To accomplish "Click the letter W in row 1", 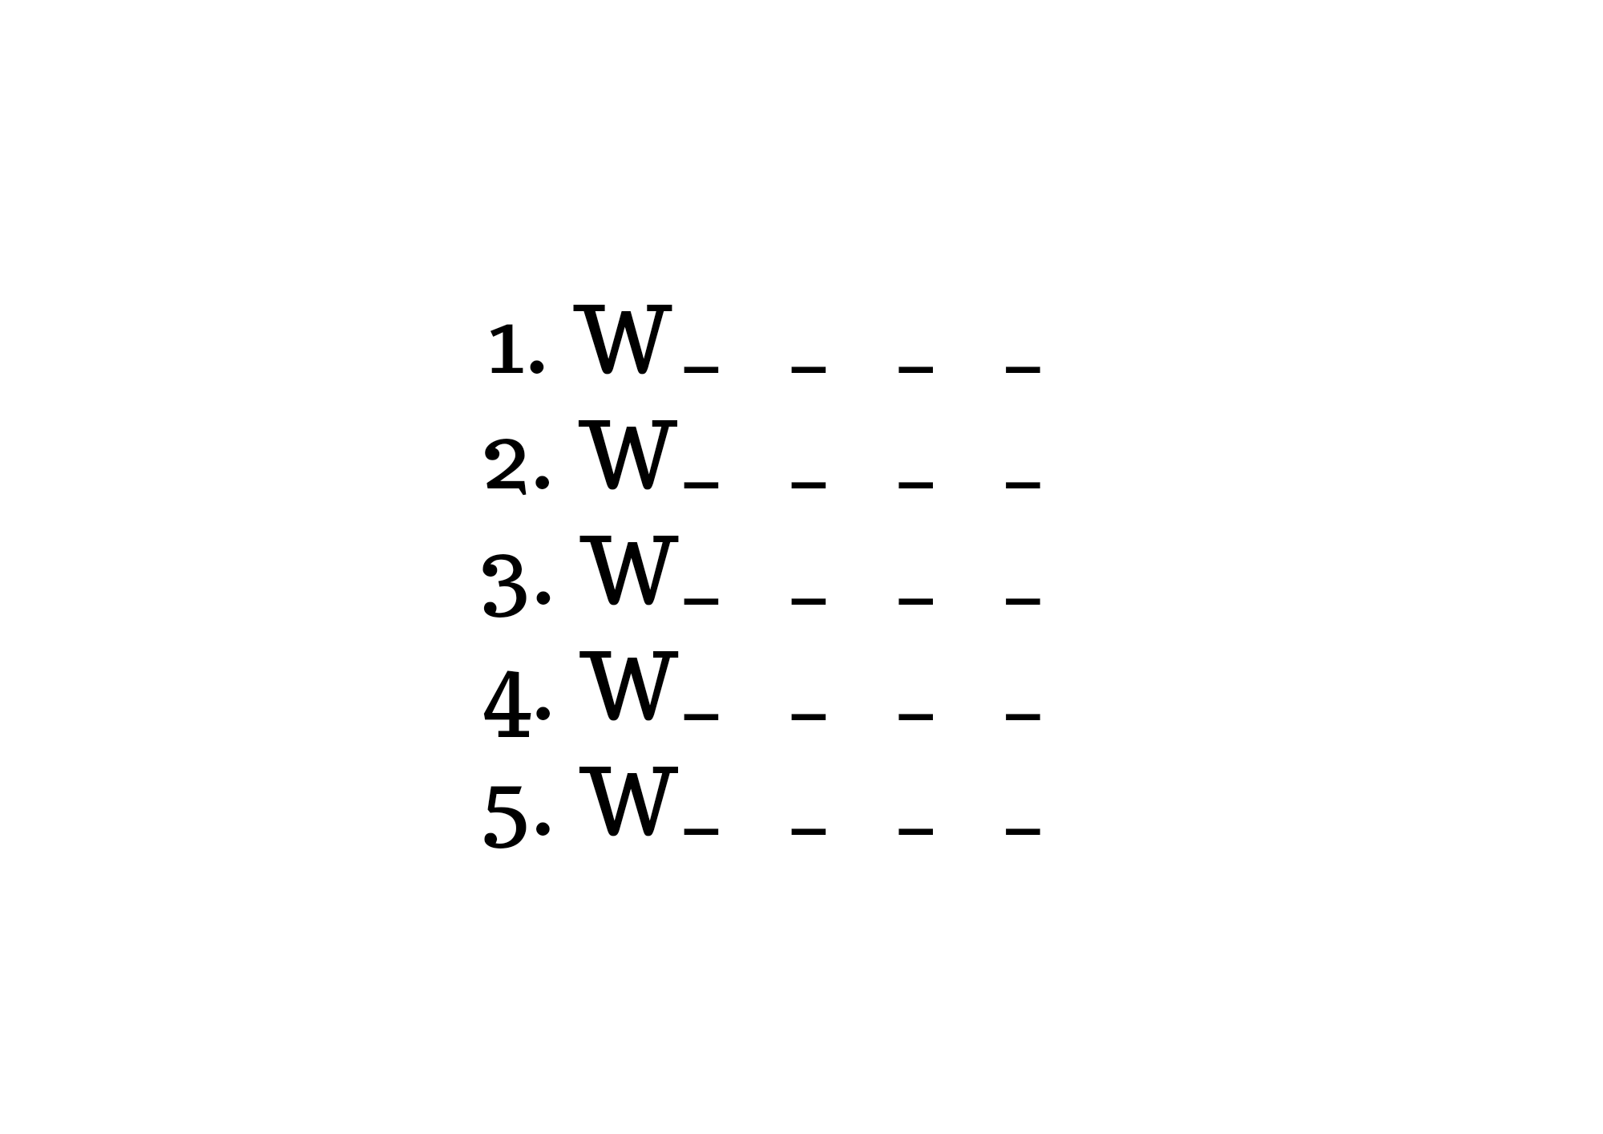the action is point(623,340).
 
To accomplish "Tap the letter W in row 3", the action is point(628,571).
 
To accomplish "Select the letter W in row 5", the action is point(628,802).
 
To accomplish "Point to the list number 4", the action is point(507,704).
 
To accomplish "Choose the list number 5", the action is point(507,816).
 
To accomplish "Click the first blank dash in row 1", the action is point(701,370).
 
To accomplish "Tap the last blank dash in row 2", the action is point(1024,485).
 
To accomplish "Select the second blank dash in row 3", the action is point(809,601).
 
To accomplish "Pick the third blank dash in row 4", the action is point(916,716).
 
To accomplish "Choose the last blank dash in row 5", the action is point(1024,832).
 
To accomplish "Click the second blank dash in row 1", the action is point(809,370).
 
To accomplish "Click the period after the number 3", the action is point(543,597).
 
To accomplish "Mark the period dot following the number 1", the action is point(537,367).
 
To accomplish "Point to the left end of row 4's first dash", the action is point(684,716).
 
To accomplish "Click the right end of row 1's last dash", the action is point(1040,370).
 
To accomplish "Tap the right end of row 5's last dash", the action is point(1040,832).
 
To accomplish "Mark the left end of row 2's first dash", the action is point(684,485).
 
